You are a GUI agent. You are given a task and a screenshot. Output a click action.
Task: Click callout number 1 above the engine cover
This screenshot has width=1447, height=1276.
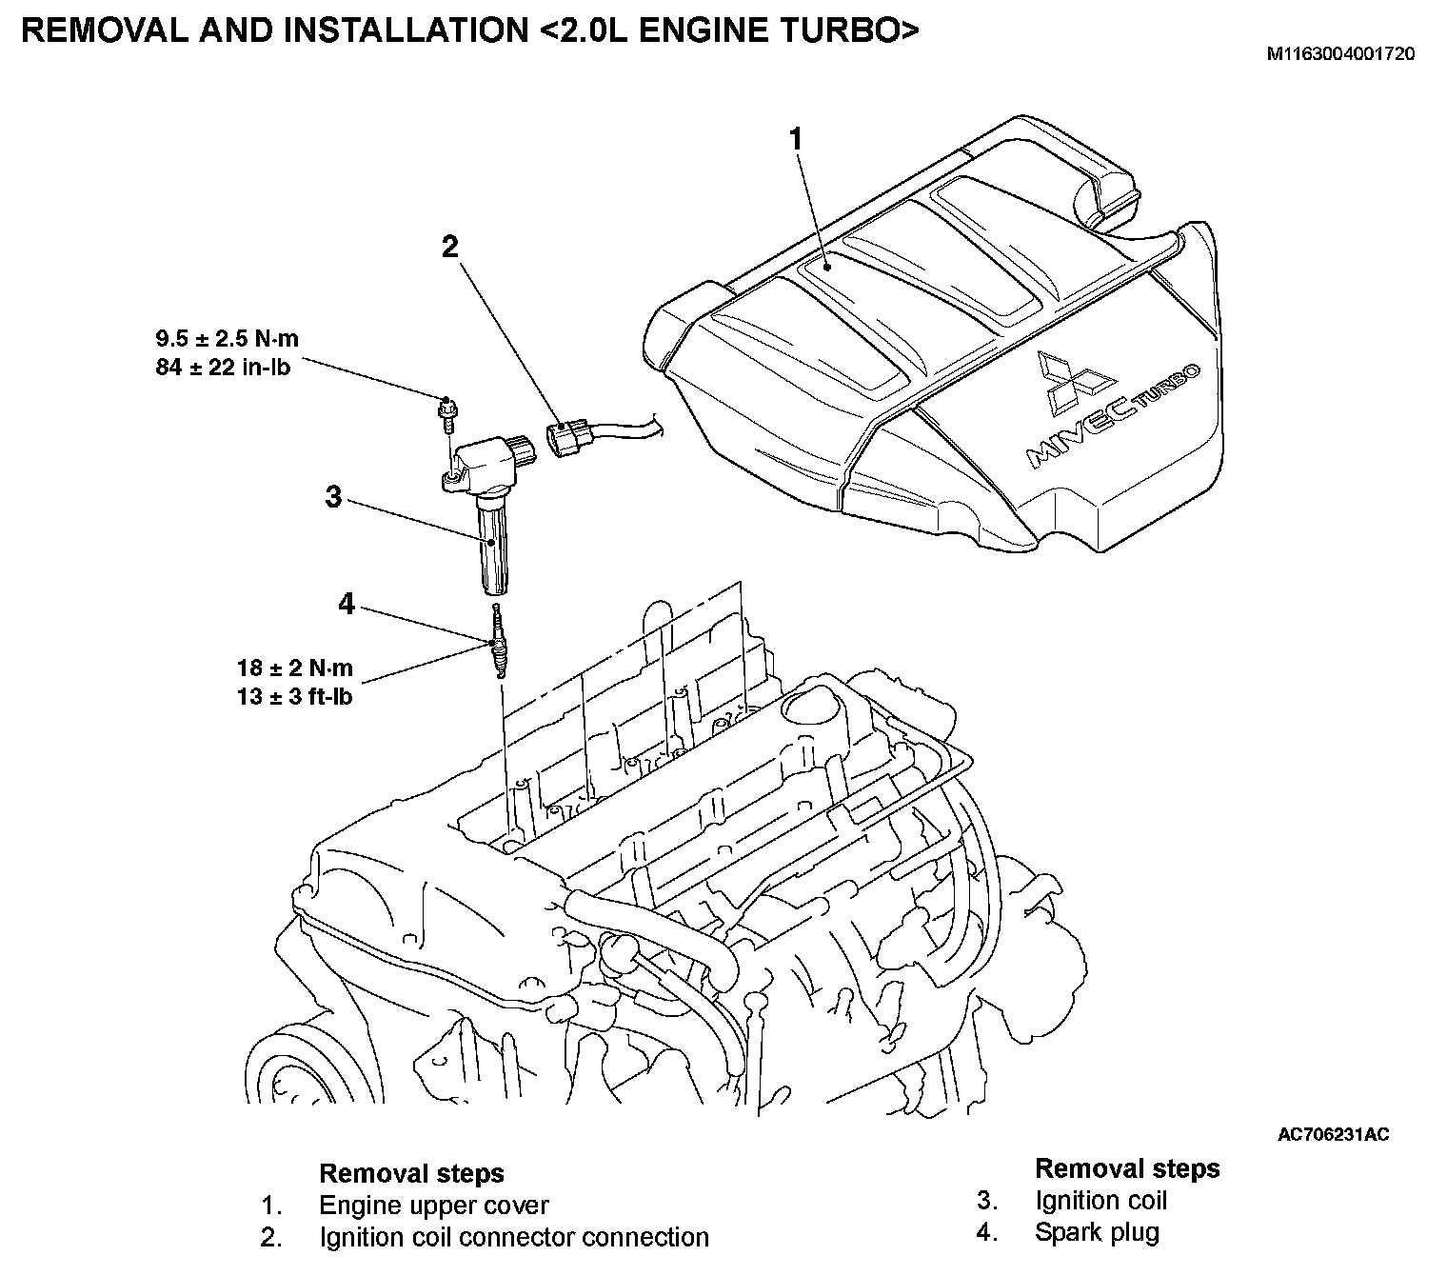(796, 140)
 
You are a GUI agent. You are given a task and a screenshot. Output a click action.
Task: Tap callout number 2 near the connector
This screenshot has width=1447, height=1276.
(449, 248)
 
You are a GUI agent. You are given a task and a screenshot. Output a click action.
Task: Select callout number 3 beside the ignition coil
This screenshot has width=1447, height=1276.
(333, 497)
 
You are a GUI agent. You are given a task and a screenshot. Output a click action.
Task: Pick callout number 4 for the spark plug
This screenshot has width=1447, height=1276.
(347, 604)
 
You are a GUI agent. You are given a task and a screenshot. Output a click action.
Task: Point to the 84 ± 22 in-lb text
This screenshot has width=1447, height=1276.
(224, 367)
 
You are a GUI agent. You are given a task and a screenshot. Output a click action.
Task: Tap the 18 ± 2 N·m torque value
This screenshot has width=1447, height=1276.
(295, 668)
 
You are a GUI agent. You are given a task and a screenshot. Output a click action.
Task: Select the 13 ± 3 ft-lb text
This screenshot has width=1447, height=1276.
(295, 697)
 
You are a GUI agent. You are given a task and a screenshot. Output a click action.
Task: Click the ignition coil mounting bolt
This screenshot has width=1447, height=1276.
(446, 410)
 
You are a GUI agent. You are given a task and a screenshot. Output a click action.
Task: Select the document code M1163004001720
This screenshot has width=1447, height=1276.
(1339, 54)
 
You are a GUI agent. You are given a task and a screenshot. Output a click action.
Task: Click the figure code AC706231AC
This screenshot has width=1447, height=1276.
(1333, 1134)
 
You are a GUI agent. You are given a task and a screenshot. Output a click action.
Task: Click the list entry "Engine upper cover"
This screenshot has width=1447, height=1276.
(434, 1206)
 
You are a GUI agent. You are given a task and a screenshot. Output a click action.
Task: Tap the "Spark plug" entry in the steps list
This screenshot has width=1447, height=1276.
(1097, 1232)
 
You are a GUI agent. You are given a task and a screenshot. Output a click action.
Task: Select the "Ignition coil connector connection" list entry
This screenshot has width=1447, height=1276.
(514, 1237)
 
